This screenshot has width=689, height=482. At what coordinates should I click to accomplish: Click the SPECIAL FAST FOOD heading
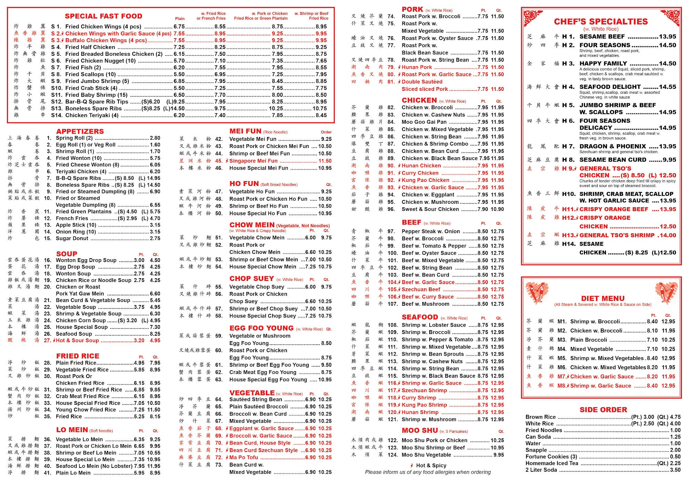103,16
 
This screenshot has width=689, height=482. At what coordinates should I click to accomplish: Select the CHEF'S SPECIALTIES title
601,22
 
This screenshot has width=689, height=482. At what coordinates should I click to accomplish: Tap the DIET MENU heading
603,298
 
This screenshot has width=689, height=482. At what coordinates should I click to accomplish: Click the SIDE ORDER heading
603,410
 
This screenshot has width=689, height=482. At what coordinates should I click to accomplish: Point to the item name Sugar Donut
72,239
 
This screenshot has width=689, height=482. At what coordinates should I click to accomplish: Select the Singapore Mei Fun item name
253,161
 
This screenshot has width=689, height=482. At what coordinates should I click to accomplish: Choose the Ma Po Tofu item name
244,458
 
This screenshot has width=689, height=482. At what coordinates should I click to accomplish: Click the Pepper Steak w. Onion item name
431,231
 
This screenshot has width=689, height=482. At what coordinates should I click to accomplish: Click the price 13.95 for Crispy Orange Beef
668,209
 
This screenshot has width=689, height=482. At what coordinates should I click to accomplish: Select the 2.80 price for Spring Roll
155,138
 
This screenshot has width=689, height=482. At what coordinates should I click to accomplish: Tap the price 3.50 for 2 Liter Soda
675,470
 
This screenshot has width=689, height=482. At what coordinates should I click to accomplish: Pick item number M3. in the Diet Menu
562,340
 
